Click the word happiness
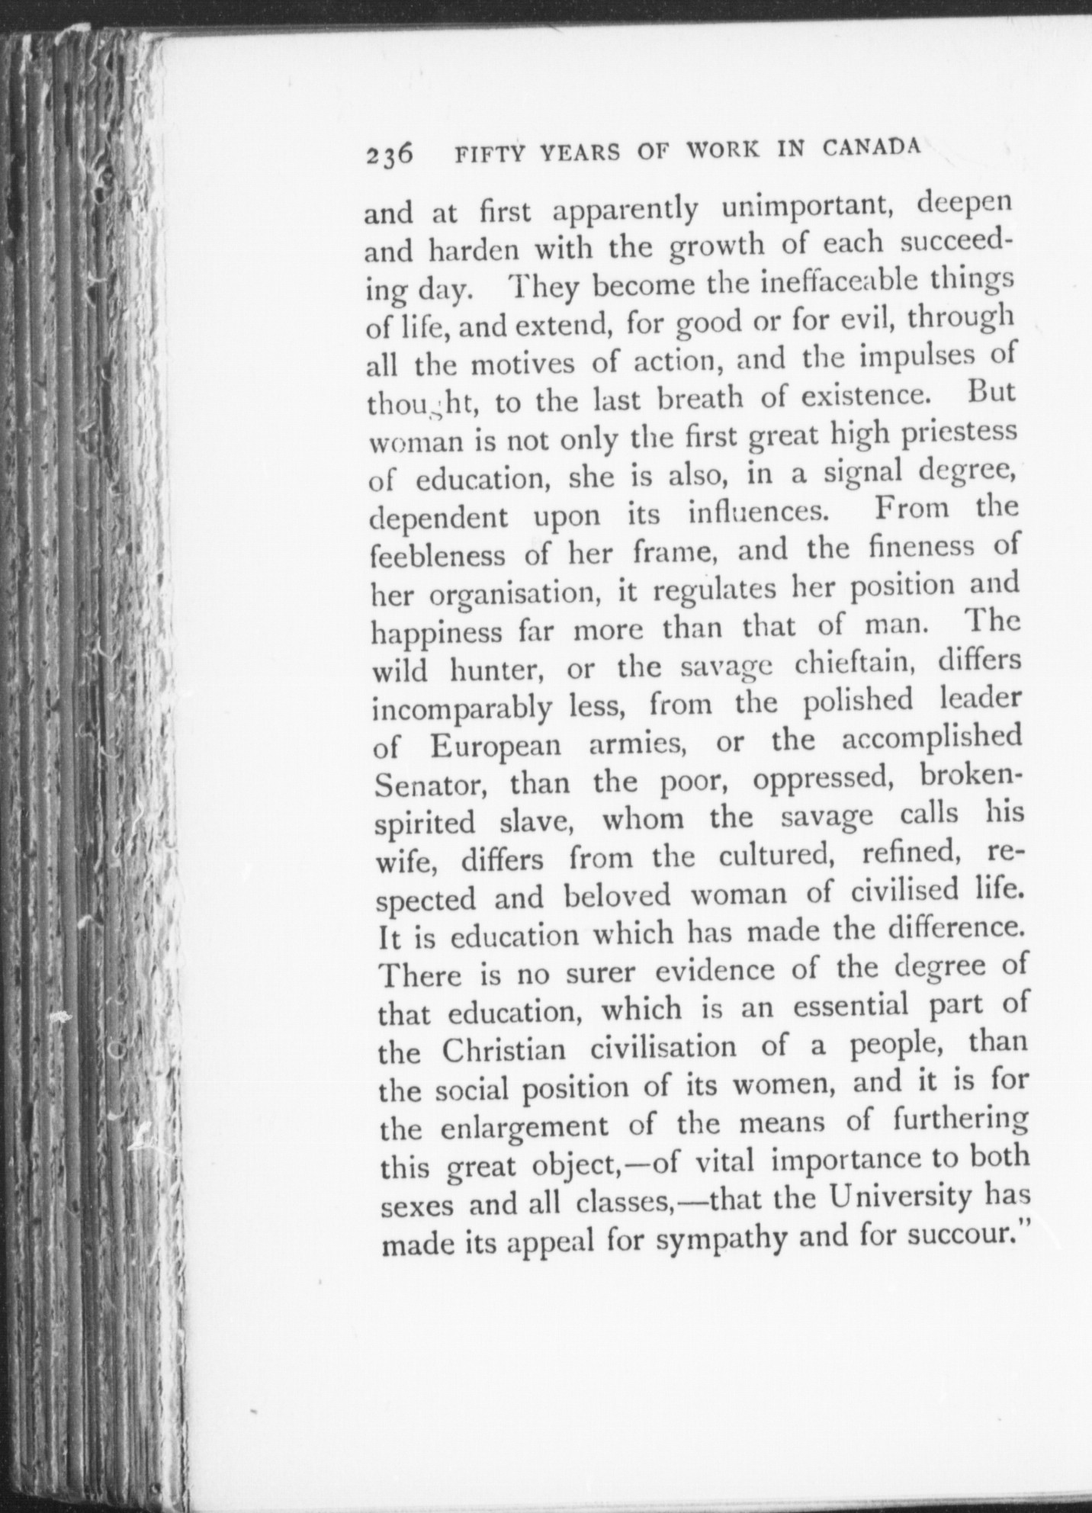click(x=438, y=634)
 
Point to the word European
click(x=496, y=744)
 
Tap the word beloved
click(x=618, y=895)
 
